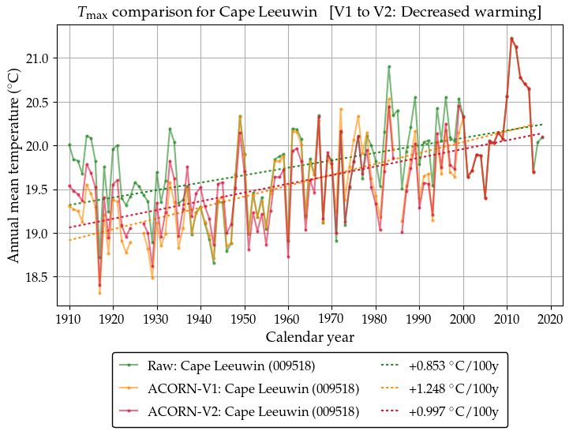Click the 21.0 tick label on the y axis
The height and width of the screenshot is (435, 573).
point(39,58)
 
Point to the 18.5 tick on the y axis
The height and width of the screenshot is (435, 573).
point(39,277)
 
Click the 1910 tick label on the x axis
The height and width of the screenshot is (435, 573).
point(69,319)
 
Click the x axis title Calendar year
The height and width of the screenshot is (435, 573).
point(309,337)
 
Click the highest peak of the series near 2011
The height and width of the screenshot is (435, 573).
point(511,38)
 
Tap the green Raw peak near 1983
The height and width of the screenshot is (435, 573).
point(389,66)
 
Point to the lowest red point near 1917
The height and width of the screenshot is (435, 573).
point(99,285)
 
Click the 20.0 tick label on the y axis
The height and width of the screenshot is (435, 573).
point(39,146)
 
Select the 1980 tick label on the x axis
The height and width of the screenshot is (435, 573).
point(376,319)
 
